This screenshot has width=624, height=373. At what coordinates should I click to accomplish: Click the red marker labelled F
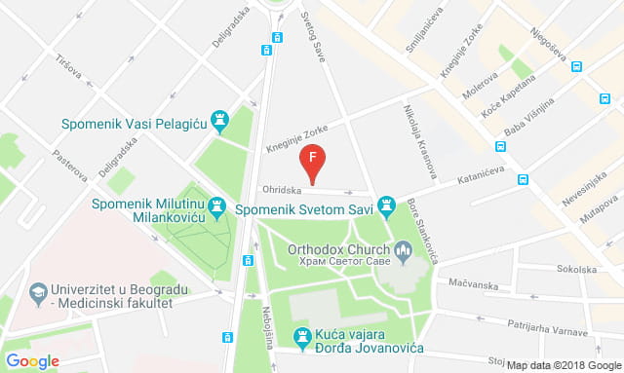coord(311,159)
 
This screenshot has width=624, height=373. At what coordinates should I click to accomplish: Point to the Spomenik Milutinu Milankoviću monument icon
coord(215,206)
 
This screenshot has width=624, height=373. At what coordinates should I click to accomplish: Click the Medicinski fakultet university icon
coord(38,291)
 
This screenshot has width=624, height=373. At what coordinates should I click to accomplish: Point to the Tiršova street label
coord(70,68)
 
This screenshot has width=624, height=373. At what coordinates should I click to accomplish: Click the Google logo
coord(33,360)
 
